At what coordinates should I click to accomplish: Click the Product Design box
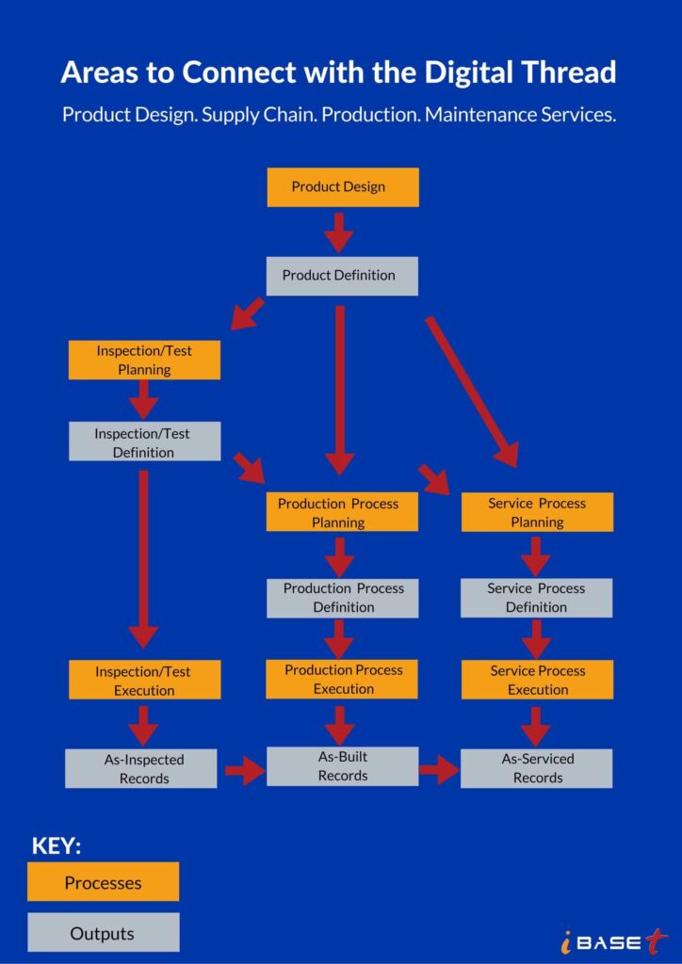click(x=342, y=187)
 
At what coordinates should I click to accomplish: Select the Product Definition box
click(x=342, y=276)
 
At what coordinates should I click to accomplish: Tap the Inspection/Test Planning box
click(x=144, y=360)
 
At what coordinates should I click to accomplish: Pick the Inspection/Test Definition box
click(x=144, y=442)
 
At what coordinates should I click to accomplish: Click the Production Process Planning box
click(x=342, y=512)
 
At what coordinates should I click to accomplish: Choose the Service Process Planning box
click(x=537, y=512)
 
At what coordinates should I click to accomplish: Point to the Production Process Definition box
click(x=342, y=598)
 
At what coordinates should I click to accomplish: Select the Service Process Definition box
click(x=537, y=598)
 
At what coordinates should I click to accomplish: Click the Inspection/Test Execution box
click(x=144, y=680)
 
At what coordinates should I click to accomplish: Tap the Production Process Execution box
click(x=342, y=679)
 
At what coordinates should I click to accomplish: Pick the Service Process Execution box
click(x=537, y=680)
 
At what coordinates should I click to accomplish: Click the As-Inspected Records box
click(x=141, y=768)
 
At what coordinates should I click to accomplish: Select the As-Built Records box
click(x=342, y=766)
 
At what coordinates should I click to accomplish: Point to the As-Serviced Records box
click(x=537, y=768)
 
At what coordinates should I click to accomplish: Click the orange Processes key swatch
click(x=103, y=882)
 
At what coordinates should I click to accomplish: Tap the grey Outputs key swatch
click(x=103, y=933)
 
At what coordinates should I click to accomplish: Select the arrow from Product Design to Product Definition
click(x=338, y=232)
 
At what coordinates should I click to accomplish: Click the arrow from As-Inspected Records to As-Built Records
click(x=244, y=771)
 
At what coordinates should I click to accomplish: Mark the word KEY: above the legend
click(x=57, y=845)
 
